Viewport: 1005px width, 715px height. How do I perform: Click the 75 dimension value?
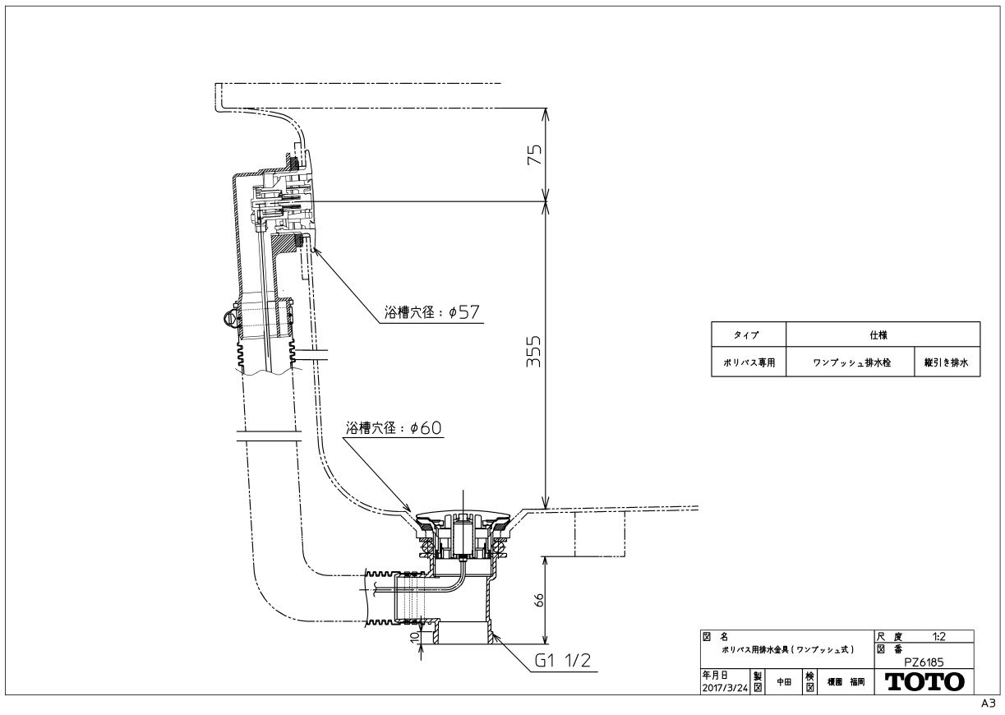point(534,155)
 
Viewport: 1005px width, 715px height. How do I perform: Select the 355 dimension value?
point(533,351)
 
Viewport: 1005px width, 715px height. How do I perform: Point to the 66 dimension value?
point(540,600)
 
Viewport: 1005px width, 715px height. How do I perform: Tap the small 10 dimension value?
point(415,635)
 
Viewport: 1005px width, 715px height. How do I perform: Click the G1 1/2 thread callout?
point(562,660)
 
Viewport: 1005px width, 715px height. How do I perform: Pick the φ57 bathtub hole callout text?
point(432,311)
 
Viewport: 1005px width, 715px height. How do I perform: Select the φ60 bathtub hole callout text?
point(394,427)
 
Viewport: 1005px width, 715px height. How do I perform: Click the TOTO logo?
point(924,682)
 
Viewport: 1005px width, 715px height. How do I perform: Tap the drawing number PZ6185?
point(924,662)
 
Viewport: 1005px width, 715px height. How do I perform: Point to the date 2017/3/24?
point(725,688)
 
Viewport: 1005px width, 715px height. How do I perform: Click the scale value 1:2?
point(939,636)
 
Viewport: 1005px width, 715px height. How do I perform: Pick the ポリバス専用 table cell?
point(749,362)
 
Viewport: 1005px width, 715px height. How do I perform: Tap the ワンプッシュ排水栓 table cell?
point(851,362)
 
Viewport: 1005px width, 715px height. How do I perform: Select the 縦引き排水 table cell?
point(946,362)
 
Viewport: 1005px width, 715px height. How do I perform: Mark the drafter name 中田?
point(784,682)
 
